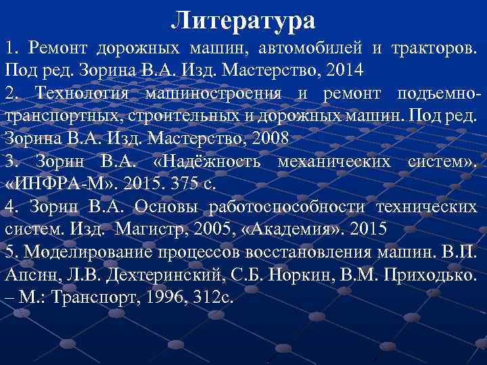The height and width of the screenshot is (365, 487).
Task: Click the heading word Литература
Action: (243, 20)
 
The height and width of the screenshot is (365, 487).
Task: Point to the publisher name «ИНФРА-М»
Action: (51, 183)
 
